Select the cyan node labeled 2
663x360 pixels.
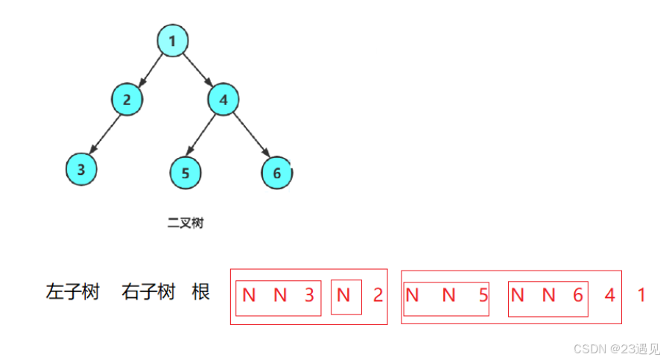127,99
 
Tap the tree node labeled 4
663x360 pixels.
223,99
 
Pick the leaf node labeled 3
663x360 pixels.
81,169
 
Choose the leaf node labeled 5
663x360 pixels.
185,172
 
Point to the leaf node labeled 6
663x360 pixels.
276,173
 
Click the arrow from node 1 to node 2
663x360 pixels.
149,70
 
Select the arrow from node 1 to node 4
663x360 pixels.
197,70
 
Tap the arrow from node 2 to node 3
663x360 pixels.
104,134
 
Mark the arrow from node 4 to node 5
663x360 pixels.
203,136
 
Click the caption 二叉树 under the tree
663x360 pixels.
185,222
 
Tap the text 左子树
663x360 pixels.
72,291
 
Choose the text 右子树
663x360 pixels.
147,291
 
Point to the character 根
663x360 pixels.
200,291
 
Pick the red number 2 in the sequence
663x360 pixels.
378,295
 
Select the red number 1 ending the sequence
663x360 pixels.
641,295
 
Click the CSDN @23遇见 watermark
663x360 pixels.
615,348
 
